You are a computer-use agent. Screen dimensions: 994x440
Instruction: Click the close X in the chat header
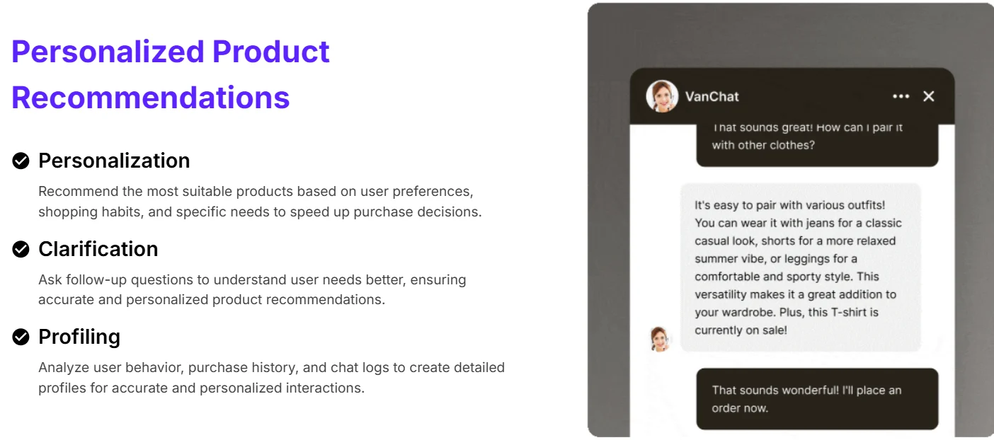928,96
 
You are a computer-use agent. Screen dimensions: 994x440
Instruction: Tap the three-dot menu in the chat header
901,96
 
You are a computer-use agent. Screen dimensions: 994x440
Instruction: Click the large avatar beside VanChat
662,96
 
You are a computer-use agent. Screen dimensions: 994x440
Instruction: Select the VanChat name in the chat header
712,96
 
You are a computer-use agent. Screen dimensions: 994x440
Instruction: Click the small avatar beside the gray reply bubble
659,340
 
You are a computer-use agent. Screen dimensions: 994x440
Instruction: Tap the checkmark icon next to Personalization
21,161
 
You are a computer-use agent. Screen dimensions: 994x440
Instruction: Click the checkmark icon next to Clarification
21,249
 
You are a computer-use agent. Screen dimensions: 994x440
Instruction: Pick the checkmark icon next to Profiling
21,337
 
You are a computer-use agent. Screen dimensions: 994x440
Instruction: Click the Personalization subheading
114,161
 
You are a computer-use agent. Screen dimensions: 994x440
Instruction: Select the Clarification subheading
98,249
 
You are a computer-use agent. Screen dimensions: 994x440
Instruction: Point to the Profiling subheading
79,337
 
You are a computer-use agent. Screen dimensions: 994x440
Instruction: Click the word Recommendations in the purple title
150,98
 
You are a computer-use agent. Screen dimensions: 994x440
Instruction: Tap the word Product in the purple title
270,52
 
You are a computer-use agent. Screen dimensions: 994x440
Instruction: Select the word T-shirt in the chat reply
848,312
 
